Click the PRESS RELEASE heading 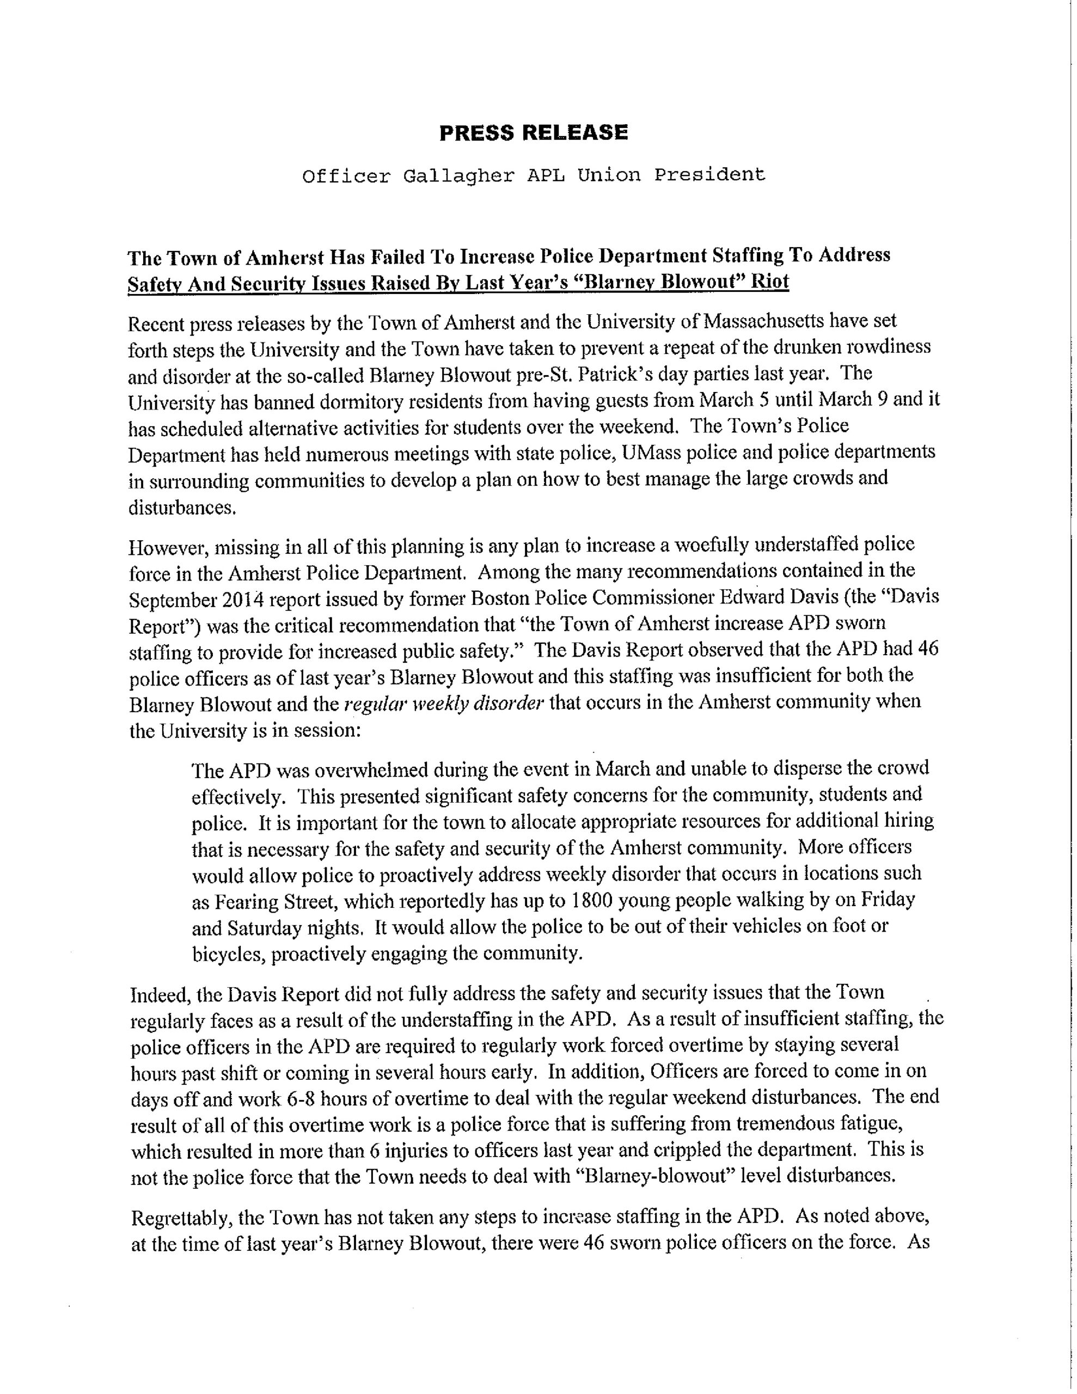click(x=534, y=132)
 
